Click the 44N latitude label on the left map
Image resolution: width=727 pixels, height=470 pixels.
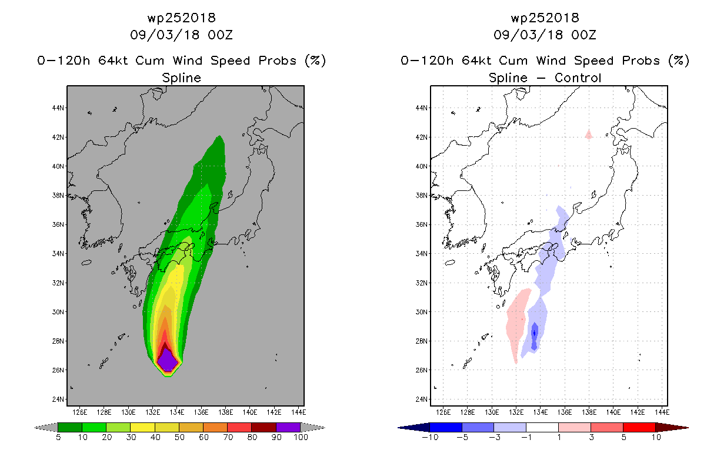click(x=58, y=108)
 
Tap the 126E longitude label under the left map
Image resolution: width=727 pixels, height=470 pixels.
click(x=79, y=412)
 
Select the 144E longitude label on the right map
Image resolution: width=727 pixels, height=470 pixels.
click(x=662, y=412)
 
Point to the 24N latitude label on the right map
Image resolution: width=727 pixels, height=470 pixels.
click(x=422, y=399)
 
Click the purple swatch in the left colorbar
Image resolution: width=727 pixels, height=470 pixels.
click(x=288, y=427)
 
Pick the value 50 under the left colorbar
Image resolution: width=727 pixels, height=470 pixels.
click(x=179, y=437)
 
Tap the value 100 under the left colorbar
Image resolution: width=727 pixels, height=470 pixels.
click(x=301, y=437)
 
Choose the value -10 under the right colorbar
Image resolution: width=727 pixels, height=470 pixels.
click(x=430, y=437)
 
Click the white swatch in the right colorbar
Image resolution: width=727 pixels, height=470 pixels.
click(x=542, y=427)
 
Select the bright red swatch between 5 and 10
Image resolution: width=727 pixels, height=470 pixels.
click(x=639, y=427)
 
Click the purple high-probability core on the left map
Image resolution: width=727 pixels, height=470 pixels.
click(x=168, y=361)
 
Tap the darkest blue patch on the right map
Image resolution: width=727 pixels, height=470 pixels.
click(x=534, y=336)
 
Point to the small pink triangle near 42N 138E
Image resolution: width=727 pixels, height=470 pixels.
click(x=588, y=135)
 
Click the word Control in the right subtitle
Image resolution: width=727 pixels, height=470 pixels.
click(x=578, y=78)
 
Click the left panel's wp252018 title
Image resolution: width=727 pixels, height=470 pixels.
click(x=181, y=18)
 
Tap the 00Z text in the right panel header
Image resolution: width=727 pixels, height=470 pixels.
click(x=583, y=35)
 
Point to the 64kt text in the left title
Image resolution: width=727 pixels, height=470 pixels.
click(x=114, y=61)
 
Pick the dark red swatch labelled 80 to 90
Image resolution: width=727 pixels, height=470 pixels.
click(x=264, y=427)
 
